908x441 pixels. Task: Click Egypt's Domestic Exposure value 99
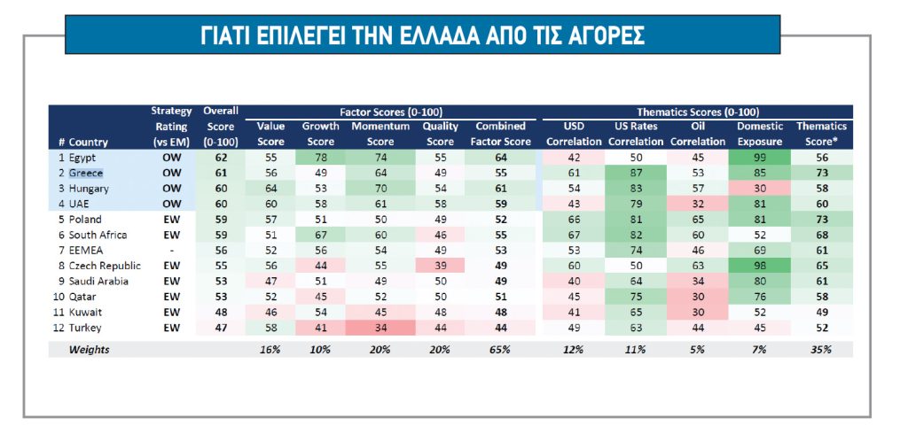pos(759,157)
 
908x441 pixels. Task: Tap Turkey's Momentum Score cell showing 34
pos(380,329)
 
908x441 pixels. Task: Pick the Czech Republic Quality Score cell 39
pos(440,266)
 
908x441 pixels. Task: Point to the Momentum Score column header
pos(380,134)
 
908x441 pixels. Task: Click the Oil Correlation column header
pos(699,134)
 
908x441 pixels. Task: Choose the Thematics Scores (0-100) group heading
pos(700,112)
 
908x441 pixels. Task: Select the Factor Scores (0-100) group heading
pos(391,112)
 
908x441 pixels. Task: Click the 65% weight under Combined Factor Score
pos(500,350)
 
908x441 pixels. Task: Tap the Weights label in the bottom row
pos(90,350)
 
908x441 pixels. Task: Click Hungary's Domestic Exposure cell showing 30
pos(759,189)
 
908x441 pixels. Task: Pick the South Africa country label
pos(97,235)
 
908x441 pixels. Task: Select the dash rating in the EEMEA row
pos(171,251)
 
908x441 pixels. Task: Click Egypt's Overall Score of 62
pos(221,157)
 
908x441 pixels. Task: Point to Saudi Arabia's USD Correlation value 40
pos(574,282)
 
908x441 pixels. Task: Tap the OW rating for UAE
pos(171,204)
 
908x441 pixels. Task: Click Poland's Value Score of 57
pos(270,220)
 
